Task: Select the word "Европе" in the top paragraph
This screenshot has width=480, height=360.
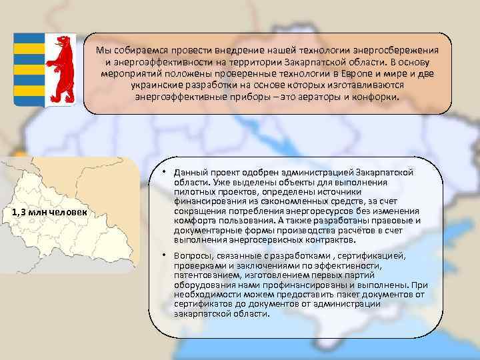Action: coord(361,73)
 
